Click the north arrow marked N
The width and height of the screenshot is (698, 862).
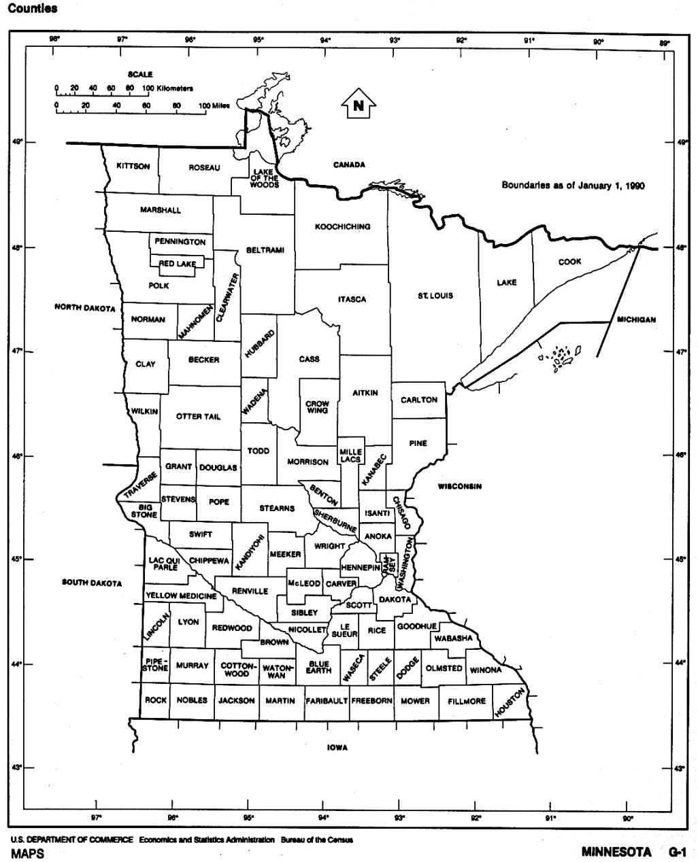357,105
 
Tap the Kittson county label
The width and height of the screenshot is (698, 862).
133,167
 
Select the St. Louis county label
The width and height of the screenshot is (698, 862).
435,296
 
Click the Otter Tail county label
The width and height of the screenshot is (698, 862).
199,417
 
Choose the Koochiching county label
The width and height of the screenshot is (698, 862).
342,226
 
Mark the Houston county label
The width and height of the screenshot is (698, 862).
510,702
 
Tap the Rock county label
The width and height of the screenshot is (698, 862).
156,700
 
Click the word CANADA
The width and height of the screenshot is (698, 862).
349,165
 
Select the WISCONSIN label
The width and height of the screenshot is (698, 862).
460,487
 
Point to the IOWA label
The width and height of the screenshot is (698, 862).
337,748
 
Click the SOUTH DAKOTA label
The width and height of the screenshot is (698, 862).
92,583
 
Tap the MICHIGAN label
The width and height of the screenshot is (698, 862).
636,320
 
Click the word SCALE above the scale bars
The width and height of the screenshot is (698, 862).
140,74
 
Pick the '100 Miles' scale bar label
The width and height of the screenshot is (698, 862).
214,106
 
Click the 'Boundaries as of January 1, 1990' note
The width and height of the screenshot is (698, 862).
573,185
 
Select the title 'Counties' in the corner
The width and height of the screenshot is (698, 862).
33,9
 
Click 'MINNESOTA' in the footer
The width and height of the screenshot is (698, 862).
616,852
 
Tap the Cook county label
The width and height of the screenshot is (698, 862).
570,262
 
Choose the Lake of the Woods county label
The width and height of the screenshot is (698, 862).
264,179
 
